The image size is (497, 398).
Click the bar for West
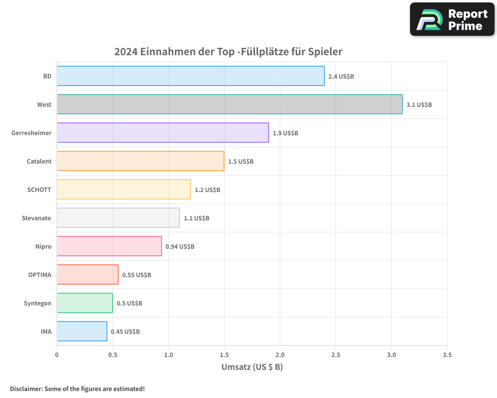[230, 104]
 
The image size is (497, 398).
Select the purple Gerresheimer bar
[163, 133]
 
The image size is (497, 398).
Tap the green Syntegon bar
[84, 303]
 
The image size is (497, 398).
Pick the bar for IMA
[82, 331]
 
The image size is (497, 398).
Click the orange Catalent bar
[140, 161]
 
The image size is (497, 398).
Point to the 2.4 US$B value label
[341, 76]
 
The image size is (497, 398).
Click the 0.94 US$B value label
[180, 246]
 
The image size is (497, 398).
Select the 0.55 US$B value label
[137, 275]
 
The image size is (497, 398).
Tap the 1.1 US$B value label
[196, 218]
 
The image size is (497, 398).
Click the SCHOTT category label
[39, 190]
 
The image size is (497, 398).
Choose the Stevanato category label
[36, 218]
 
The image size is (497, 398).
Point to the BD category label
[47, 76]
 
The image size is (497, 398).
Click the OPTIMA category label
[40, 275]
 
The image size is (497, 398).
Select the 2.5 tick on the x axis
[335, 355]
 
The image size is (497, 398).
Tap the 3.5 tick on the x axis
[447, 355]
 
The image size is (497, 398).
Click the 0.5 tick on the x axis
[113, 355]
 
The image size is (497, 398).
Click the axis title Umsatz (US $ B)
[252, 367]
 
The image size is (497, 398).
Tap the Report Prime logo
[452, 19]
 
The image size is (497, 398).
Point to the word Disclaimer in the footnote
[26, 389]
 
